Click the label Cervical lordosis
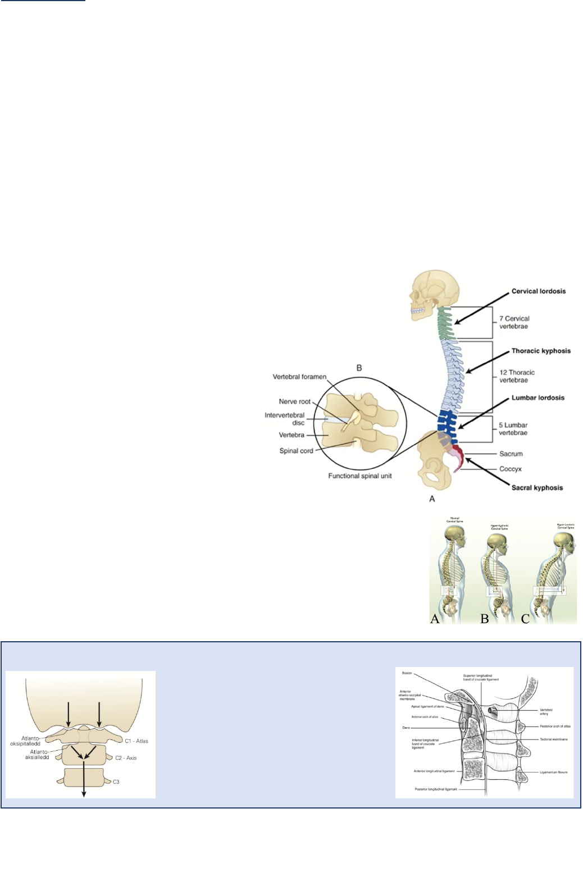(538, 291)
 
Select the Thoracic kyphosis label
(540, 351)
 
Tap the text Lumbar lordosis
(538, 398)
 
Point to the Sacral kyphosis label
(536, 488)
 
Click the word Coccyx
(510, 469)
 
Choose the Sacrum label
(511, 454)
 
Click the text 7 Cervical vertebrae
(514, 322)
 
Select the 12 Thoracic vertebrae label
(517, 376)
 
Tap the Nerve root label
(294, 401)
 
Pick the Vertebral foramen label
(299, 377)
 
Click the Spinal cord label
(296, 451)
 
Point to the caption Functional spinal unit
(360, 476)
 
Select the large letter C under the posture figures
(525, 619)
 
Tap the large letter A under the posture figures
(434, 619)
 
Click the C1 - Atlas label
(136, 741)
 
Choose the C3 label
(116, 782)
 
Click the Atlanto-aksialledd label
(37, 754)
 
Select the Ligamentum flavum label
(553, 772)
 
